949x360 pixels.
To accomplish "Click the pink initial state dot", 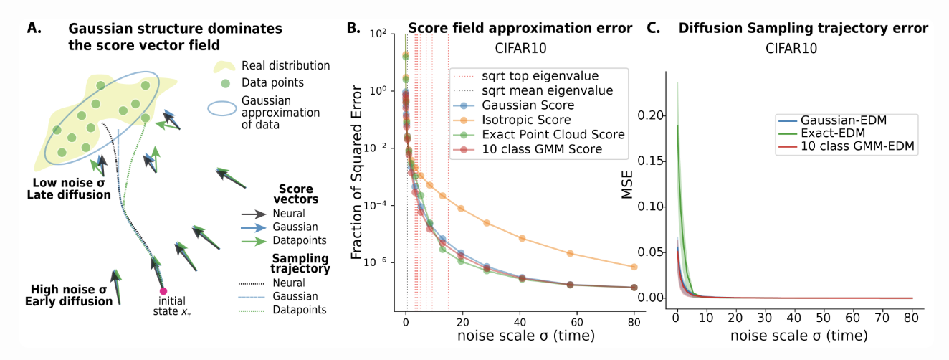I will coord(163,290).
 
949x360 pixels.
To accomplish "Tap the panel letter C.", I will coord(653,29).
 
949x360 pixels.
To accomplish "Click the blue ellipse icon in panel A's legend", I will coord(223,110).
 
